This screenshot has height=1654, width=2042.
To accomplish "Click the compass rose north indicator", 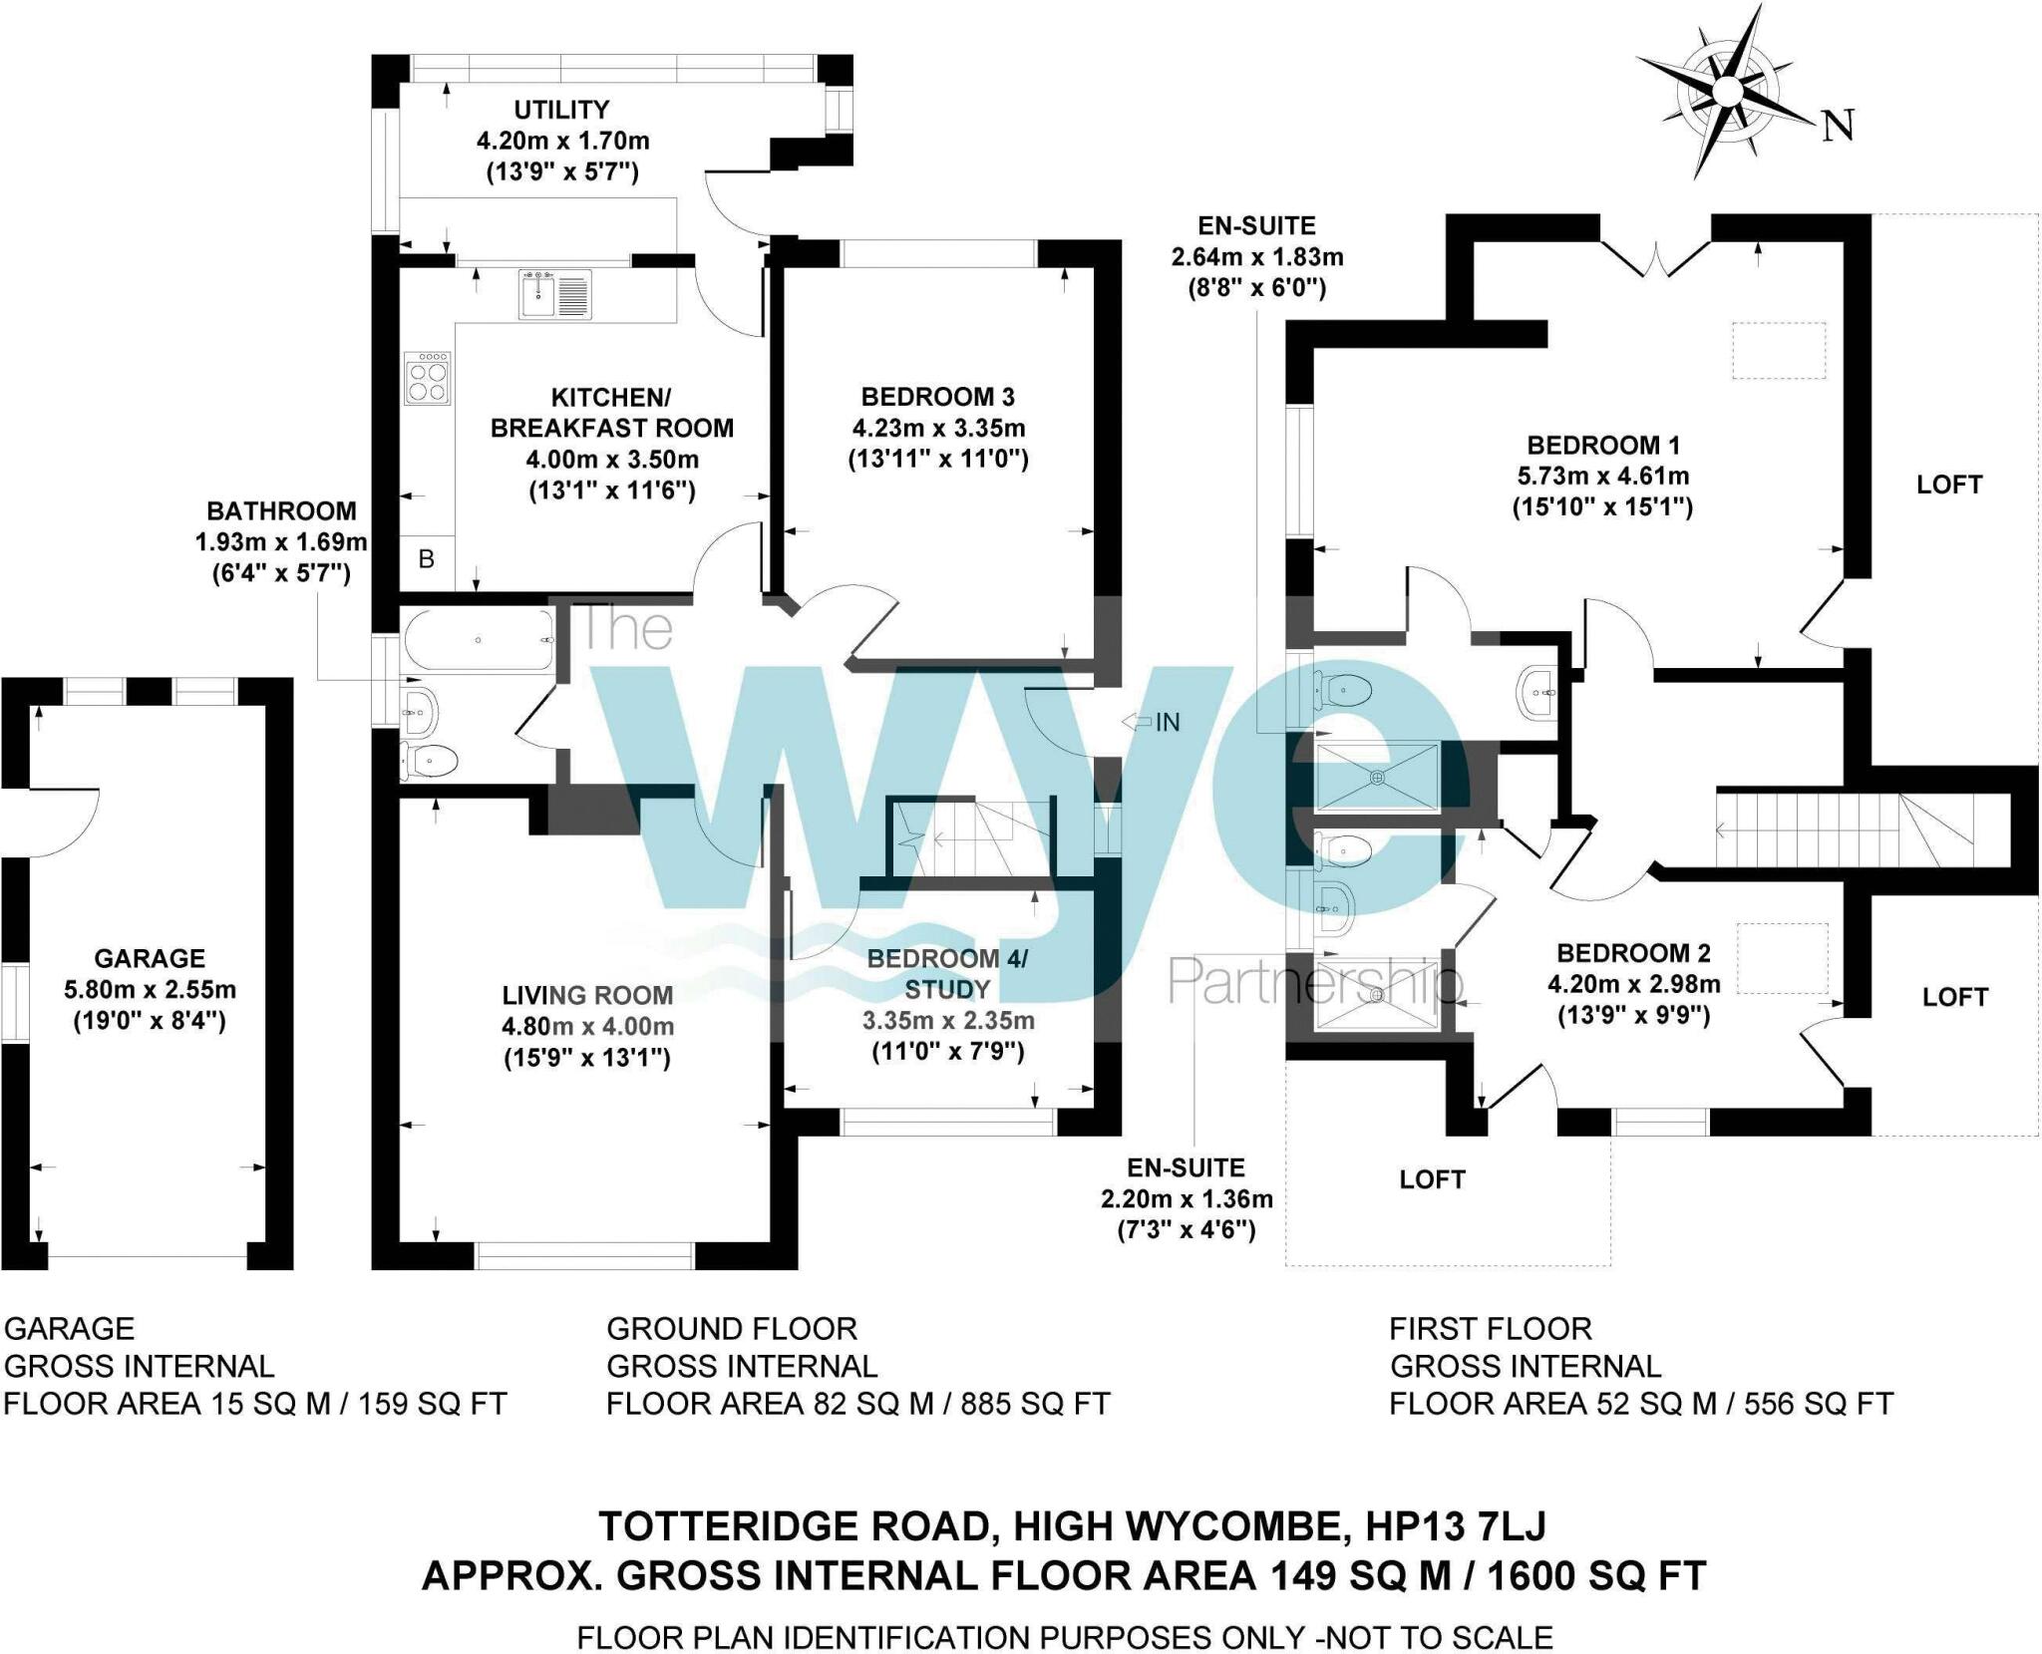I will point(1837,126).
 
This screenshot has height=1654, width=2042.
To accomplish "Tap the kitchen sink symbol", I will point(554,294).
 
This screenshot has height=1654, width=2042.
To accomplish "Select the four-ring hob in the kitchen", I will point(427,378).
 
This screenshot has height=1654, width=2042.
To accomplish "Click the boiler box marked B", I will point(427,560).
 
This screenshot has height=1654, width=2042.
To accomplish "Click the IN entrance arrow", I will point(1151,722).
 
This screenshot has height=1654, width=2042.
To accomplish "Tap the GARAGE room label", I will point(150,958).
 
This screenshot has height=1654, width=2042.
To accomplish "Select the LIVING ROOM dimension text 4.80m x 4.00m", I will point(587,1026).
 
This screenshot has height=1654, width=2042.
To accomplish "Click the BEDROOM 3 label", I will point(937,397).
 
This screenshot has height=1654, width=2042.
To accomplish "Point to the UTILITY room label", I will point(561,110).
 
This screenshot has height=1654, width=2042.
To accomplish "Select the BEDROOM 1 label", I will point(1603,445).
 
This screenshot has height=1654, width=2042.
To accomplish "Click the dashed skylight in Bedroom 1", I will point(1779,350).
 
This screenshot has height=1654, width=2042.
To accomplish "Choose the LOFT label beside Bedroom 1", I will point(1948,485).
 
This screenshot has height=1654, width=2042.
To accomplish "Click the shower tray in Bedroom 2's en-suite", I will point(1377,993).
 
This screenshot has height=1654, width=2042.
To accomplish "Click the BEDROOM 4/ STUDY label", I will point(946,974).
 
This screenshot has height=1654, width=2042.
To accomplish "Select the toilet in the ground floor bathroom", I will point(429,761).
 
